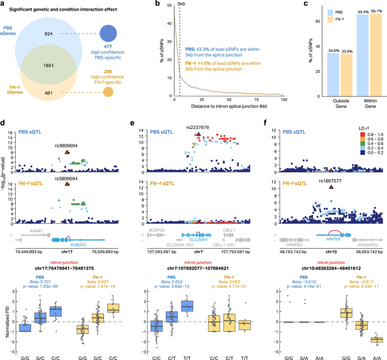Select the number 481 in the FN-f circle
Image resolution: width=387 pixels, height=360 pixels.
click(x=47, y=94)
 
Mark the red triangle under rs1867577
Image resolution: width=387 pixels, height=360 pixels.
click(x=331, y=186)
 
